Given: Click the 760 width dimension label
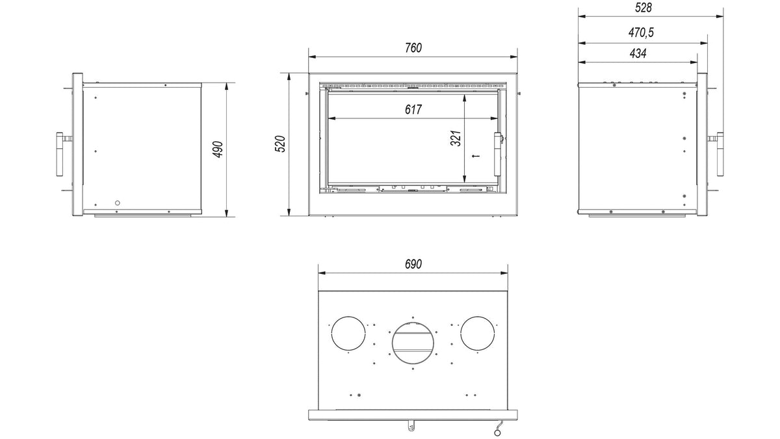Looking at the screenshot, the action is click(413, 48).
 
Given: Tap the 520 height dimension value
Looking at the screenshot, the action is click(280, 144).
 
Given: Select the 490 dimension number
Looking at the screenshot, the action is click(218, 150).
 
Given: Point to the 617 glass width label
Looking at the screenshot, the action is click(413, 110).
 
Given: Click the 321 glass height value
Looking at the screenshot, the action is click(456, 139).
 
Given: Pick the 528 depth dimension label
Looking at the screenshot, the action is click(643, 8).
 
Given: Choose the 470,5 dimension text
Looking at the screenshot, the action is click(641, 33).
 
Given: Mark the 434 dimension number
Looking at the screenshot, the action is click(638, 53).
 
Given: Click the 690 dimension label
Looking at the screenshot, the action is click(413, 265).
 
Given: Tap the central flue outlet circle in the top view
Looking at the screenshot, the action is click(413, 323).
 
